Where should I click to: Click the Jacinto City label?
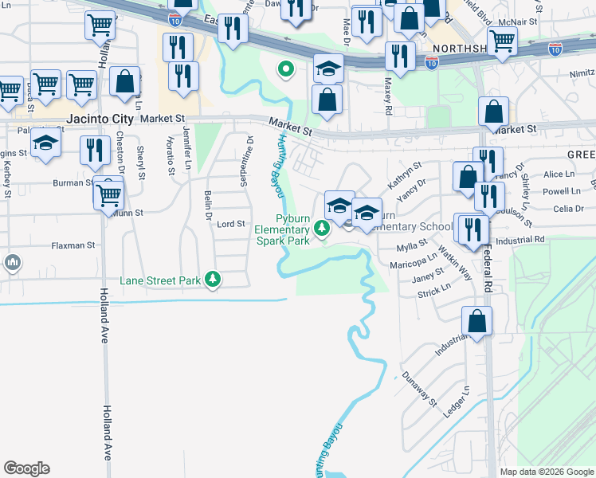click(100, 119)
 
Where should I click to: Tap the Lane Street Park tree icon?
click(213, 279)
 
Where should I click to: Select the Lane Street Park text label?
click(159, 280)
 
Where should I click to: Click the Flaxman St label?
click(74, 245)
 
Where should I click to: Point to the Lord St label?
click(230, 224)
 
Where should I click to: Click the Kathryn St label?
click(404, 174)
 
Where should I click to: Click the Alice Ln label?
click(559, 174)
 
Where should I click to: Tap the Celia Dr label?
click(568, 209)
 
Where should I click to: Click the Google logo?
click(26, 468)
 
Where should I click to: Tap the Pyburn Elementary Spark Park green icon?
click(322, 229)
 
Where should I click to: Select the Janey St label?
click(428, 275)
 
